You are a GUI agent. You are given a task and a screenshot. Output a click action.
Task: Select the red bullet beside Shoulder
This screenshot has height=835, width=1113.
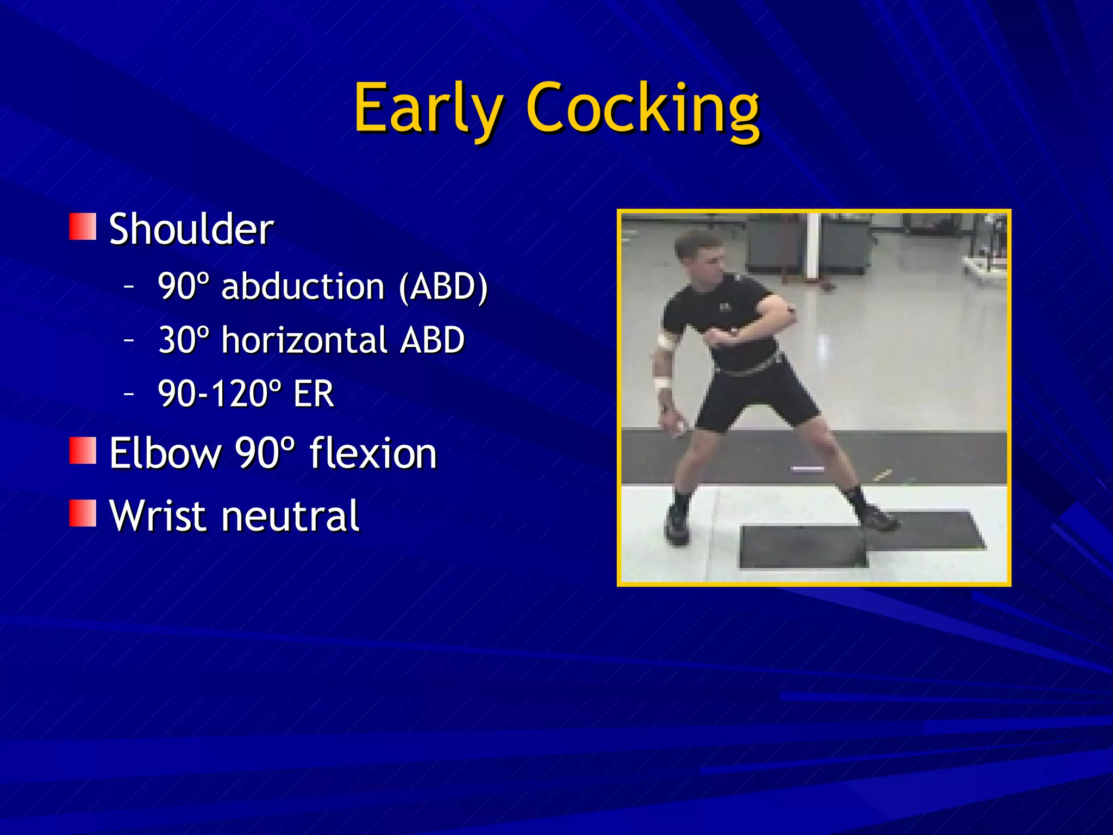(x=83, y=227)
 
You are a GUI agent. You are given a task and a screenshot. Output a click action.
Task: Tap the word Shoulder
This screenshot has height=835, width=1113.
(x=191, y=229)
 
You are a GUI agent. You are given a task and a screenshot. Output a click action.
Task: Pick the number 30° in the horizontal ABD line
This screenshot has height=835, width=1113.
(x=183, y=340)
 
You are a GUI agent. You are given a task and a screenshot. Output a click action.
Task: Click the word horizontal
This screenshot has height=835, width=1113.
(x=304, y=340)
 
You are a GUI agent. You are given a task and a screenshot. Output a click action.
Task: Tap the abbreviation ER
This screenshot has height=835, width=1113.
(x=314, y=394)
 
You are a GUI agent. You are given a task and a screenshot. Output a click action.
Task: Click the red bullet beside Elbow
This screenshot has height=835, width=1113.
(x=83, y=451)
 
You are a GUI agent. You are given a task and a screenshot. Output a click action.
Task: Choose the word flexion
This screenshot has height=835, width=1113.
(x=373, y=453)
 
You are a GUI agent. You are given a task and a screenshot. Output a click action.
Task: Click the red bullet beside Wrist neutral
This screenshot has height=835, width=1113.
(x=83, y=513)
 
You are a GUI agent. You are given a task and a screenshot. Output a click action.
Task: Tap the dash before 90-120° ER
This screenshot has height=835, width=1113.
(x=129, y=392)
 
